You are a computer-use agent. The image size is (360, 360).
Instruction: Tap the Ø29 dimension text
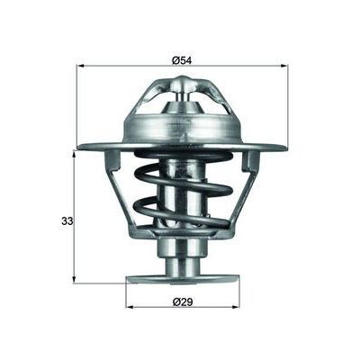pyautogui.click(x=185, y=297)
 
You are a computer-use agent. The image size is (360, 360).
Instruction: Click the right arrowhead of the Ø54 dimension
pyautogui.click(x=284, y=66)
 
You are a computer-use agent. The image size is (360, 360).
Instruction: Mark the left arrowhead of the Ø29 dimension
pyautogui.click(x=130, y=305)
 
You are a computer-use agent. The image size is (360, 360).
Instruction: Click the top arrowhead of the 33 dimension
pyautogui.click(x=75, y=154)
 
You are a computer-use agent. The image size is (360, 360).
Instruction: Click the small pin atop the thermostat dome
pyautogui.click(x=184, y=84)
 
